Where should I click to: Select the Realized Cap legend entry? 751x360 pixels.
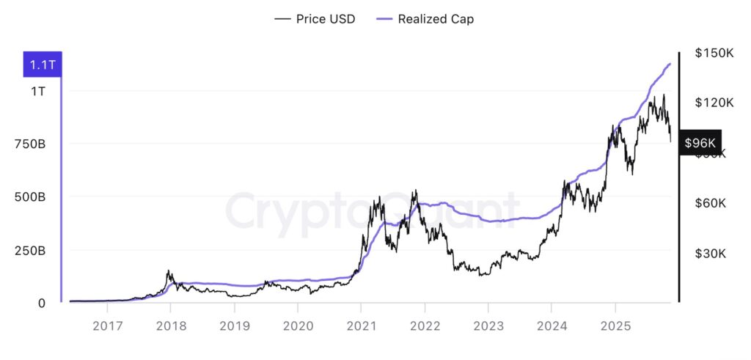(425, 19)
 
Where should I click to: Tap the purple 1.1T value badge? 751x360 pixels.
(43, 65)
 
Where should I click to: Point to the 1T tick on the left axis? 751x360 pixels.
(37, 92)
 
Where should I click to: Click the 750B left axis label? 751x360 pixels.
(30, 144)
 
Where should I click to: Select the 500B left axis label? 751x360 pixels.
(30, 197)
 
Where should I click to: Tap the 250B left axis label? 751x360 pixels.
(30, 251)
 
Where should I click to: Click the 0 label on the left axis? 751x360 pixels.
(41, 303)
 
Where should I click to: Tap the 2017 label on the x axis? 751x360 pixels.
(108, 326)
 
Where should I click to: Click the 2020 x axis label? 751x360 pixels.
(298, 326)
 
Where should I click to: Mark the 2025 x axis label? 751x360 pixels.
(616, 326)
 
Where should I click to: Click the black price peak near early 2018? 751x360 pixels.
(169, 271)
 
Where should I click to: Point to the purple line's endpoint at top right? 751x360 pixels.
(670, 64)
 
